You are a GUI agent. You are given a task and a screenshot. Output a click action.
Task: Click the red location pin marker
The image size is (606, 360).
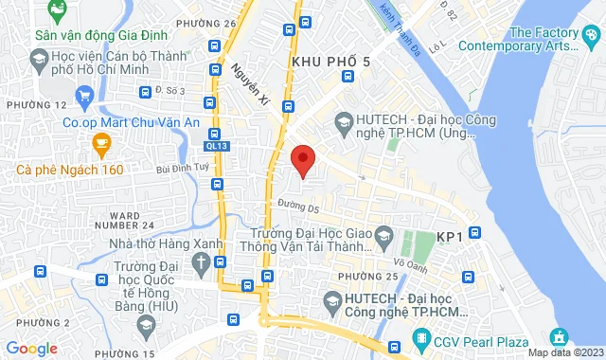(x=302, y=160)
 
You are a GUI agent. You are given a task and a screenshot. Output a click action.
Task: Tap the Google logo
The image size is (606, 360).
(x=30, y=349)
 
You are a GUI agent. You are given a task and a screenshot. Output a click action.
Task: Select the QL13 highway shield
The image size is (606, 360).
(x=217, y=146)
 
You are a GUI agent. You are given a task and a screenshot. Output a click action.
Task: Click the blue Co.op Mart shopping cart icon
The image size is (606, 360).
(x=85, y=95)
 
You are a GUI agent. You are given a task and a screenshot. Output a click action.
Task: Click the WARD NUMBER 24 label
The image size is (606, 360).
(x=132, y=220)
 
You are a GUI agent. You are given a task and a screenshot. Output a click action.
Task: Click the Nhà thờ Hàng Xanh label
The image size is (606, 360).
(x=166, y=243)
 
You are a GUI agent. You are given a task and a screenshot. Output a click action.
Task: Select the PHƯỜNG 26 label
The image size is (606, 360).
(x=212, y=23)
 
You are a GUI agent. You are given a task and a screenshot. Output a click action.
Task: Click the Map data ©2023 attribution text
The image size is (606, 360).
(x=564, y=352)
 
